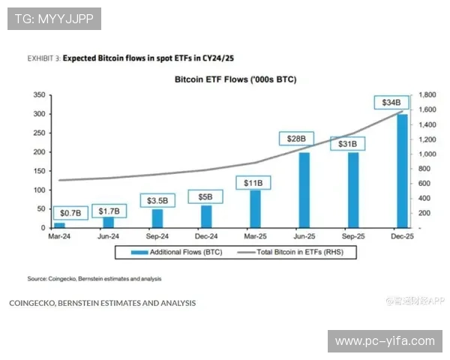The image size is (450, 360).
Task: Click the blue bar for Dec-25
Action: tap(402, 170)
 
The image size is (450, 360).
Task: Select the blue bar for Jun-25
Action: tap(304, 189)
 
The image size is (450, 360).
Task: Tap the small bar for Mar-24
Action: tap(59, 224)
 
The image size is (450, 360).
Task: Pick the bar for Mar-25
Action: tap(255, 208)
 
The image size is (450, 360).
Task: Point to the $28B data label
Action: tap(296, 138)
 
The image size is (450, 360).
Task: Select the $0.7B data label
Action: tap(65, 211)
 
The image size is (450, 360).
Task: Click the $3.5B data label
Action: tap(157, 200)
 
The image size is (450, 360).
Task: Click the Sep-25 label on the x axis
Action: tap(352, 236)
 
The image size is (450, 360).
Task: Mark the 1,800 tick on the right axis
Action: tap(427, 95)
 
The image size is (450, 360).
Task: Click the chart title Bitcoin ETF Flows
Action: tap(235, 78)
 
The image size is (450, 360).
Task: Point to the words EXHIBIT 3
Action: tap(43, 57)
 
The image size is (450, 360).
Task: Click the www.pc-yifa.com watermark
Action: tap(385, 341)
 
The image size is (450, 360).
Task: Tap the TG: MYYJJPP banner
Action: tap(54, 19)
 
